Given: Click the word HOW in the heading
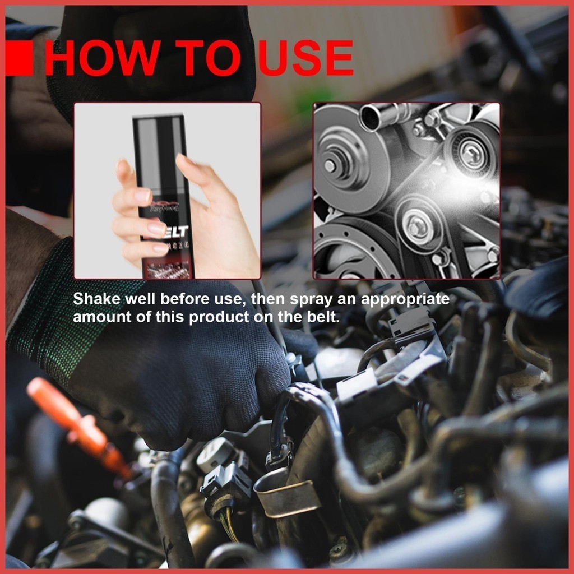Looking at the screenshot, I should (100, 58).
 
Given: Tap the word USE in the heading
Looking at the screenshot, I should (306, 58).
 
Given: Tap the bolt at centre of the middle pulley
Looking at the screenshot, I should (416, 227).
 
